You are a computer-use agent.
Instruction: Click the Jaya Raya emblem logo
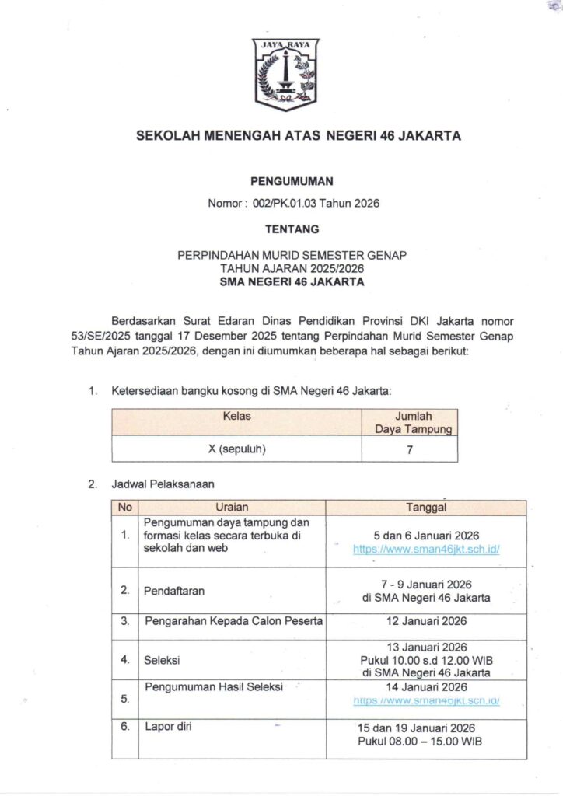point(285,74)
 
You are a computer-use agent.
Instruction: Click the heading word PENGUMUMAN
point(292,182)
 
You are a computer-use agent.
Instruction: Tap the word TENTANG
point(292,229)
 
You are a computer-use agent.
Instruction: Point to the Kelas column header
point(236,417)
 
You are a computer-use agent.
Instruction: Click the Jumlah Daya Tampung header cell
point(409,422)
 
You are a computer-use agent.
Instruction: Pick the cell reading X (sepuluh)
point(236,449)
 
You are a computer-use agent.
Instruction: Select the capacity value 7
point(409,449)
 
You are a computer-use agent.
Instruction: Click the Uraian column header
point(232,508)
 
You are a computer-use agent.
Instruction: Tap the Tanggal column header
point(426,508)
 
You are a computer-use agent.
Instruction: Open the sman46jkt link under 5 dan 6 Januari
point(426,549)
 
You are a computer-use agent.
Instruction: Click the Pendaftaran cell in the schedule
point(174,591)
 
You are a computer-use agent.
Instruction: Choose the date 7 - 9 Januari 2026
point(426,584)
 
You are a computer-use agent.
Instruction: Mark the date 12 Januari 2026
point(426,621)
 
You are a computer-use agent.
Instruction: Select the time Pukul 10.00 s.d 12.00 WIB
point(426,660)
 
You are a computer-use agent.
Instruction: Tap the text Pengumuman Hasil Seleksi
point(214,686)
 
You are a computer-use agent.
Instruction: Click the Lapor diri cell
point(168,728)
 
